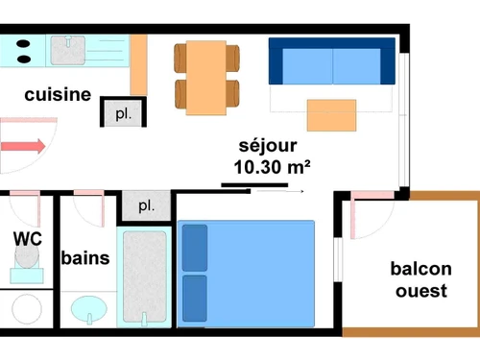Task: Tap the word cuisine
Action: click(58, 95)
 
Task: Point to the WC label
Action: click(27, 238)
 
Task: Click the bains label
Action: click(84, 257)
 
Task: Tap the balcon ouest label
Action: click(420, 279)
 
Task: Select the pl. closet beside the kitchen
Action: click(123, 112)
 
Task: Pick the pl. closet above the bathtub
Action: click(146, 205)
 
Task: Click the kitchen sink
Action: click(67, 50)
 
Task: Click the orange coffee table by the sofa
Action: click(330, 114)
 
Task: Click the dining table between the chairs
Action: click(205, 74)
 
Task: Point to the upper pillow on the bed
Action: click(195, 248)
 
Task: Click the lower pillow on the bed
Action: click(195, 298)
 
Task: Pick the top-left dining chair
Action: click(181, 58)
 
